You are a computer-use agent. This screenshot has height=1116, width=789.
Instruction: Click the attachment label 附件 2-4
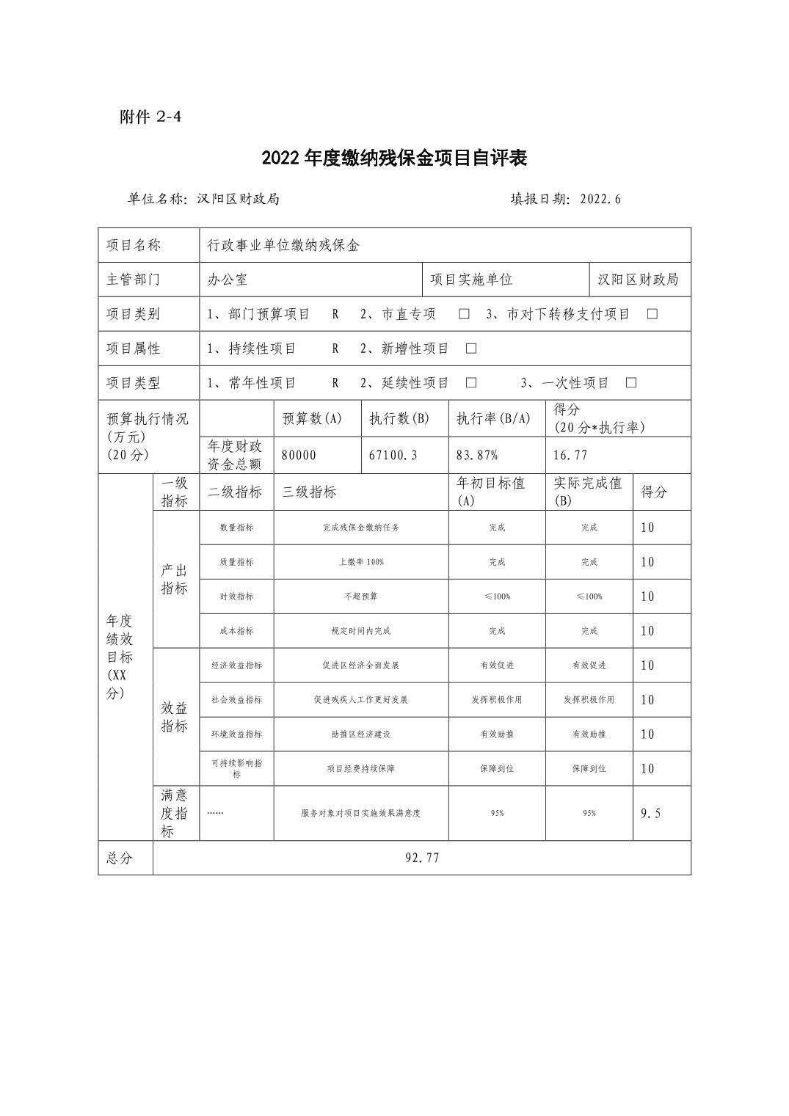150,117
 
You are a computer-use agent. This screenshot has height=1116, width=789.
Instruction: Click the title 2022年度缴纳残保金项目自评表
394,158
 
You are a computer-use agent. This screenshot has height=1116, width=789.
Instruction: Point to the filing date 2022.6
600,199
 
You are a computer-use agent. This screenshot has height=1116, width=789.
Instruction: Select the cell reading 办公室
228,280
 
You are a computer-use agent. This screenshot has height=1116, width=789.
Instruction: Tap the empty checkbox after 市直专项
464,314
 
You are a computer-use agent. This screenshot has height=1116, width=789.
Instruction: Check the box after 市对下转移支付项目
652,314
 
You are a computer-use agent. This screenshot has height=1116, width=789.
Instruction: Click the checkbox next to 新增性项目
471,349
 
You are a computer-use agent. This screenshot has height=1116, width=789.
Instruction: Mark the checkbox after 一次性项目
630,383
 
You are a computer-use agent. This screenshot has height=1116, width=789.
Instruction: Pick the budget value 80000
299,455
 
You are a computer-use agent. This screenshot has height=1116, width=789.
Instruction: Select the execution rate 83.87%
477,455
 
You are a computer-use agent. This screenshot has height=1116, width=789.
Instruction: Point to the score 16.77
570,455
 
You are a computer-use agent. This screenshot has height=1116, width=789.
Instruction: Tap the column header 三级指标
309,492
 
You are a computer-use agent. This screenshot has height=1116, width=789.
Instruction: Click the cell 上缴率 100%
361,562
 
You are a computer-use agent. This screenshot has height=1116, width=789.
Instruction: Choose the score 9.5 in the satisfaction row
650,813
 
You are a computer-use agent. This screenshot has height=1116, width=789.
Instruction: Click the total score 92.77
422,858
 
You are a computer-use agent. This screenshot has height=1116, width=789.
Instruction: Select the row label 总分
120,858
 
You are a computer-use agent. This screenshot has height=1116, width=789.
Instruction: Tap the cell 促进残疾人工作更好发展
361,700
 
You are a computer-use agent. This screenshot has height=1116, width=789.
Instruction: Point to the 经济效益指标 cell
236,665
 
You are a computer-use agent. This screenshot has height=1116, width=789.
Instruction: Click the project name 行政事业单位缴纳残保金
283,245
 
